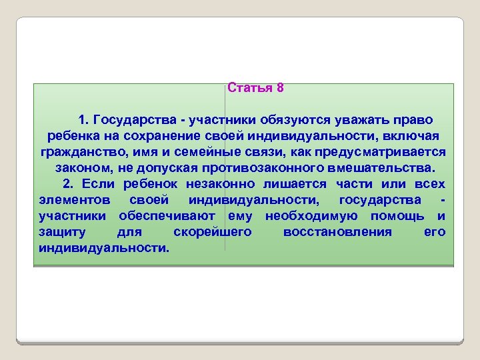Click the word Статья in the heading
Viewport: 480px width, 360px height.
pyautogui.click(x=250, y=88)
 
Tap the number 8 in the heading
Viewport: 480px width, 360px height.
pyautogui.click(x=280, y=88)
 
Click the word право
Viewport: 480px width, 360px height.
pyautogui.click(x=413, y=120)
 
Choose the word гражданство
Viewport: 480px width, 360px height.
pyautogui.click(x=79, y=151)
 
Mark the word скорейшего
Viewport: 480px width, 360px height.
pyautogui.click(x=212, y=231)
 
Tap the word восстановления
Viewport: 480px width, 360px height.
pyautogui.click(x=337, y=231)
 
